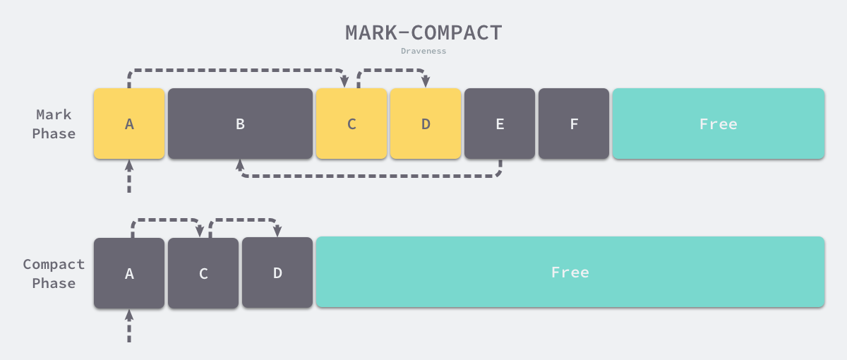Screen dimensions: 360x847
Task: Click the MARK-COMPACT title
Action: pos(423,32)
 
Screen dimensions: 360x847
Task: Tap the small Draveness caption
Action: pos(423,52)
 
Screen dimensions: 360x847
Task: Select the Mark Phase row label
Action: pos(55,124)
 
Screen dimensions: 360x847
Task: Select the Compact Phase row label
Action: pos(54,273)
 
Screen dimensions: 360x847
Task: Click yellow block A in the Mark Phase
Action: pos(129,124)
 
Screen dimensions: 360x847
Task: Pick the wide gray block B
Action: pos(240,124)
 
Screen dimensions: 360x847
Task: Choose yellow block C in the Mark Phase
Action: pos(352,124)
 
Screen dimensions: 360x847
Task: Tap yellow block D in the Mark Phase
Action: pos(426,124)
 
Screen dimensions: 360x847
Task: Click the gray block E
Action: pos(500,124)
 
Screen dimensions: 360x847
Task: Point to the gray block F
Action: pos(574,124)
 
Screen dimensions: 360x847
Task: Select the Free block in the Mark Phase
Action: pos(718,124)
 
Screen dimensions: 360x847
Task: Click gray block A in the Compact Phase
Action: pos(129,273)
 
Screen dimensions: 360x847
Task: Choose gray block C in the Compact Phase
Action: pos(203,273)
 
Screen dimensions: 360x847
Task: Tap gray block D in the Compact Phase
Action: pos(277,272)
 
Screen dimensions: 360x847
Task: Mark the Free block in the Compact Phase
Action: pos(570,272)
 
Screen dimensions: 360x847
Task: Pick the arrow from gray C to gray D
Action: pos(244,220)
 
